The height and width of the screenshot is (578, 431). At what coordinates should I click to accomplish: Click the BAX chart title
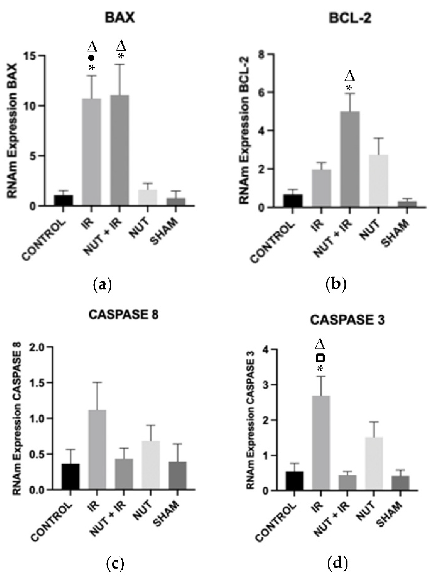120,18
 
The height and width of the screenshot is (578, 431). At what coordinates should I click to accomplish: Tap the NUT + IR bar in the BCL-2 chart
350,159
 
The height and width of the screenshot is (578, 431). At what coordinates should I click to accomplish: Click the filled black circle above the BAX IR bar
91,58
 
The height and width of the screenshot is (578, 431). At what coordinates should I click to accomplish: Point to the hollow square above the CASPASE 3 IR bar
320,358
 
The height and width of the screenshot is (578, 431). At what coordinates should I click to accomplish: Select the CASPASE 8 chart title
123,315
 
